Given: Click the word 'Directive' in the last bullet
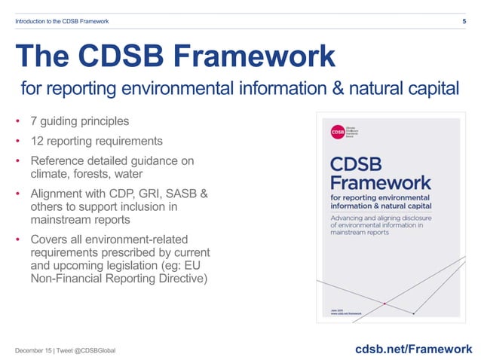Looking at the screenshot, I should click(189, 279).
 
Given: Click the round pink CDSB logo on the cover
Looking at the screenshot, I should click(336, 133).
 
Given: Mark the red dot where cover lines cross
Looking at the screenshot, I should click(385, 304).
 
